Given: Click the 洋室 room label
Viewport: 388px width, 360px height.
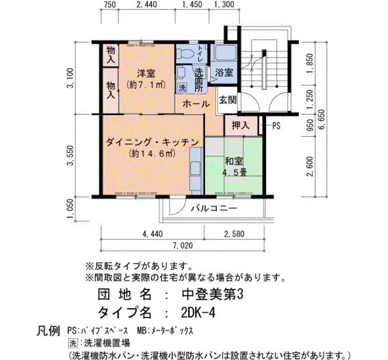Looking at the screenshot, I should (x=146, y=73).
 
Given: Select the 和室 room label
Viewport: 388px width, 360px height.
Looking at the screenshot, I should (x=234, y=162).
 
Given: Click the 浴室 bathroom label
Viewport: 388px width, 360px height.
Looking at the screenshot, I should (x=223, y=73).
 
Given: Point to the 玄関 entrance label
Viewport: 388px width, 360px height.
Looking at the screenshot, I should (x=227, y=100).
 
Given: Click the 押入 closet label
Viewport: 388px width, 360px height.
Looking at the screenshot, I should (x=240, y=125).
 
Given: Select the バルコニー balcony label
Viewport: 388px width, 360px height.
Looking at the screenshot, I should (x=214, y=209).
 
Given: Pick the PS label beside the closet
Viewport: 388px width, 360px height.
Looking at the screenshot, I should (x=275, y=126).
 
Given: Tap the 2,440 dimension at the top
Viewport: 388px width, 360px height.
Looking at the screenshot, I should (x=146, y=5).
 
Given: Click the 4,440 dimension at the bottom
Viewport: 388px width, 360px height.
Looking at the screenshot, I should (x=151, y=234).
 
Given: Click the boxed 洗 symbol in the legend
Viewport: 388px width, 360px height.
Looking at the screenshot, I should (x=70, y=342).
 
